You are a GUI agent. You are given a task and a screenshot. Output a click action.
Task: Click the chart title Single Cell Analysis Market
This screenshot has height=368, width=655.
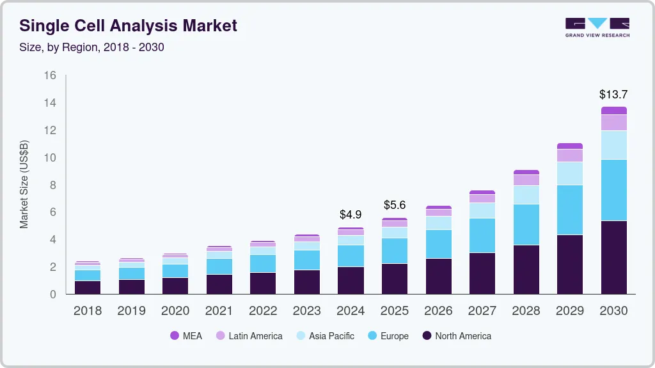(x=128, y=26)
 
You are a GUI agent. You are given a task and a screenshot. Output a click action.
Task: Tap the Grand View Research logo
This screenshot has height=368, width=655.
(x=597, y=27)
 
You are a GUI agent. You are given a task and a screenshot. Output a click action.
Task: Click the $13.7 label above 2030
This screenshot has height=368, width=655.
(x=613, y=94)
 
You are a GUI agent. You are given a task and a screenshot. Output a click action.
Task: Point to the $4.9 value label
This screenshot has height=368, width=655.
(x=351, y=214)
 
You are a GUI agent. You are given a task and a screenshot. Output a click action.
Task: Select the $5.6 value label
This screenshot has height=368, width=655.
(x=395, y=205)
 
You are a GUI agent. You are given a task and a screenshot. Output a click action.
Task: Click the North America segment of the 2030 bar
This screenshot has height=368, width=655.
(x=613, y=257)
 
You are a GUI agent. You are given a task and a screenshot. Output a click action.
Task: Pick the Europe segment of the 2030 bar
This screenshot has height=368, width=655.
(x=613, y=190)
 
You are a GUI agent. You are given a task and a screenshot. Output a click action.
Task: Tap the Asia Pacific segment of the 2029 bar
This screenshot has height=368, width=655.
(x=569, y=173)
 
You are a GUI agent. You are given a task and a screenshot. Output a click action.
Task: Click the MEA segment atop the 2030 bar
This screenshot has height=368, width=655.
(x=613, y=111)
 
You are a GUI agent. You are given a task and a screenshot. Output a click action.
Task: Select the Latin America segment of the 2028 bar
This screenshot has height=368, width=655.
(x=526, y=180)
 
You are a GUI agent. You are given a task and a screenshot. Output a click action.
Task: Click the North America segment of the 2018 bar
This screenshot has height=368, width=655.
(x=88, y=287)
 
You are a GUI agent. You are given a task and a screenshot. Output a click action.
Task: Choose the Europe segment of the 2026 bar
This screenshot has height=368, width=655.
(x=438, y=243)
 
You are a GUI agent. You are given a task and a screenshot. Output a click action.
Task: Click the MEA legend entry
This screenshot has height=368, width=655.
(x=186, y=335)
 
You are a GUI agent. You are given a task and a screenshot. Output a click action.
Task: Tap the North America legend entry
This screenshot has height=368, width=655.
(x=457, y=335)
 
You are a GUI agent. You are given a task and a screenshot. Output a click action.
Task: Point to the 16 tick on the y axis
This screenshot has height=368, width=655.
(x=50, y=75)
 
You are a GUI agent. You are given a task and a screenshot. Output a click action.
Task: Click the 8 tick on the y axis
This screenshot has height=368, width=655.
(x=53, y=185)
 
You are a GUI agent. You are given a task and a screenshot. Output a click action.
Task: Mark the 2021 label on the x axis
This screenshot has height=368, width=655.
(x=219, y=311)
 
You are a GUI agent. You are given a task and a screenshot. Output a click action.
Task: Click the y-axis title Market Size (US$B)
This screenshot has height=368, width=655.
(x=24, y=184)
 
